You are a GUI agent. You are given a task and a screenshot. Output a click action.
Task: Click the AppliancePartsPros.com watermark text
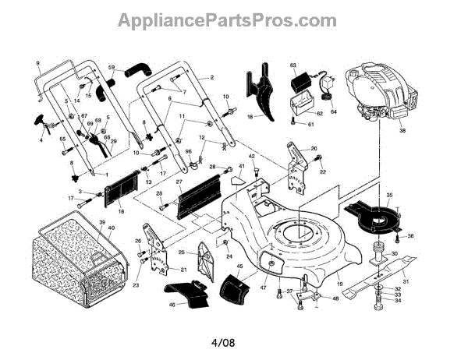(234, 19)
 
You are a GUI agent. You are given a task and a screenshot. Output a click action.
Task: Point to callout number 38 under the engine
(402, 132)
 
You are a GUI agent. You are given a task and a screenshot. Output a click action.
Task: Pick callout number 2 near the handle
(211, 78)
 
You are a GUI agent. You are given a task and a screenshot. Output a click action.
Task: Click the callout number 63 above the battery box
(293, 65)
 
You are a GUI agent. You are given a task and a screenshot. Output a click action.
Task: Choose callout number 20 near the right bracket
(314, 148)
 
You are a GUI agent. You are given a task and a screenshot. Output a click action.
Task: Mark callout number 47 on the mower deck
(264, 288)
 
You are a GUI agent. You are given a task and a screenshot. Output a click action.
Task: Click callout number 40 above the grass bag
(111, 228)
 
